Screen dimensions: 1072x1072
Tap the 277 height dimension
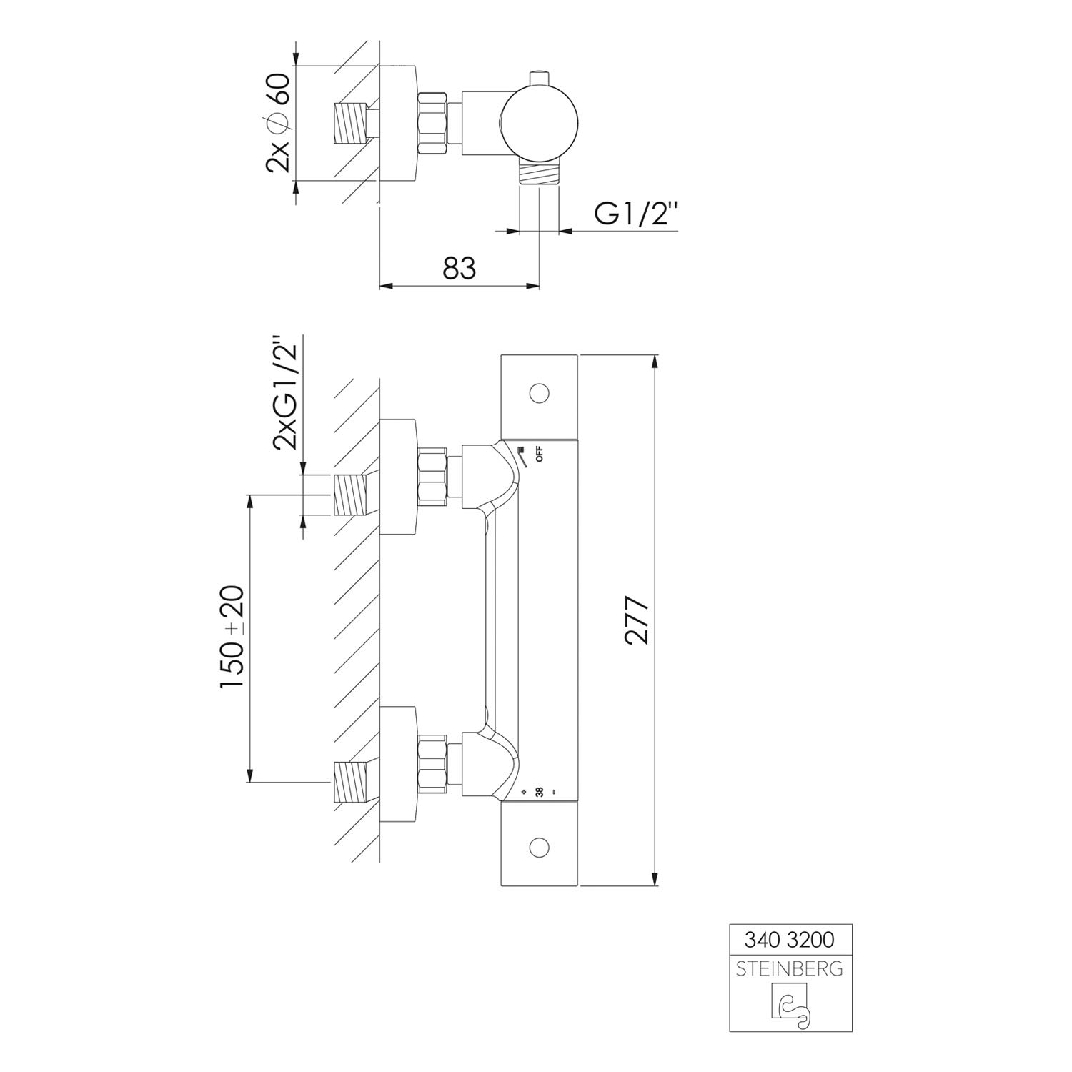pyautogui.click(x=637, y=620)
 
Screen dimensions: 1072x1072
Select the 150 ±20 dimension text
pyautogui.click(x=232, y=637)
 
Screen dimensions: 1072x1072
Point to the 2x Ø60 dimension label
pyautogui.click(x=277, y=122)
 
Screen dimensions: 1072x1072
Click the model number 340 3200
pyautogui.click(x=790, y=937)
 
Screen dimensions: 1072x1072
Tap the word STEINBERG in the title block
pyautogui.click(x=790, y=969)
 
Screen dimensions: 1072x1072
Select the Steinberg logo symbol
pyautogui.click(x=790, y=1006)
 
